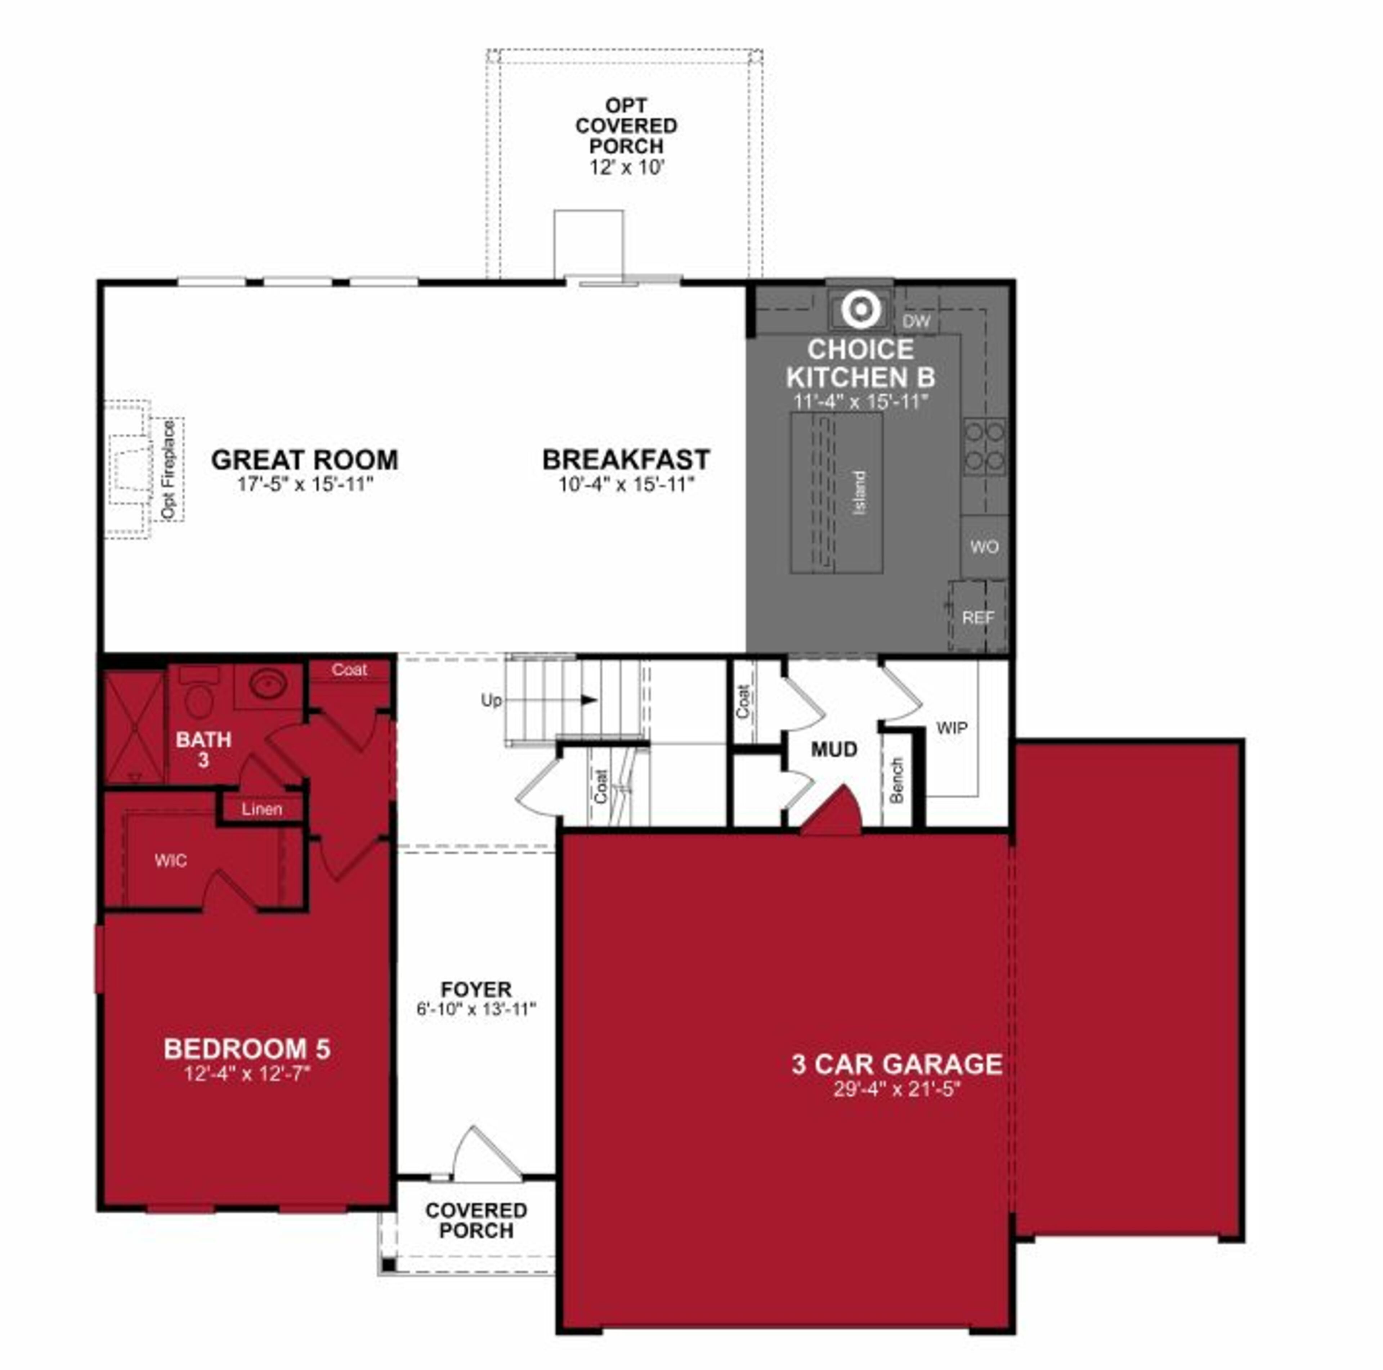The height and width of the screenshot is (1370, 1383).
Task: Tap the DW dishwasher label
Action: click(x=916, y=321)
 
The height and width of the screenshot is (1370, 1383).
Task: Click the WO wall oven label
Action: click(x=984, y=547)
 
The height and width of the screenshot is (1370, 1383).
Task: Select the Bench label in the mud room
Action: click(x=896, y=780)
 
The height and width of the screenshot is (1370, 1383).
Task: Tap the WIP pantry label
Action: click(x=951, y=728)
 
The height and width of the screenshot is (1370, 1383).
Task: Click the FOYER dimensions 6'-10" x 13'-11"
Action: click(x=476, y=1009)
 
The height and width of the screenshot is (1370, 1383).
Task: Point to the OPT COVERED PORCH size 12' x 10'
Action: click(x=627, y=169)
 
